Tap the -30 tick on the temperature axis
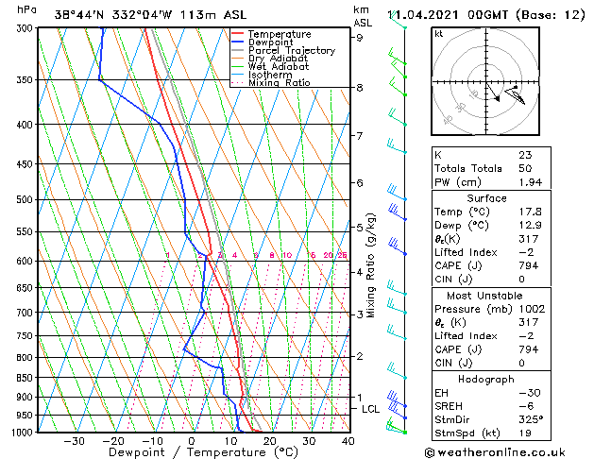click(74, 441)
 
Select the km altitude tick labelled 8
click(360, 88)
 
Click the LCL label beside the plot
click(371, 409)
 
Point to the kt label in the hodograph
click(438, 33)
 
